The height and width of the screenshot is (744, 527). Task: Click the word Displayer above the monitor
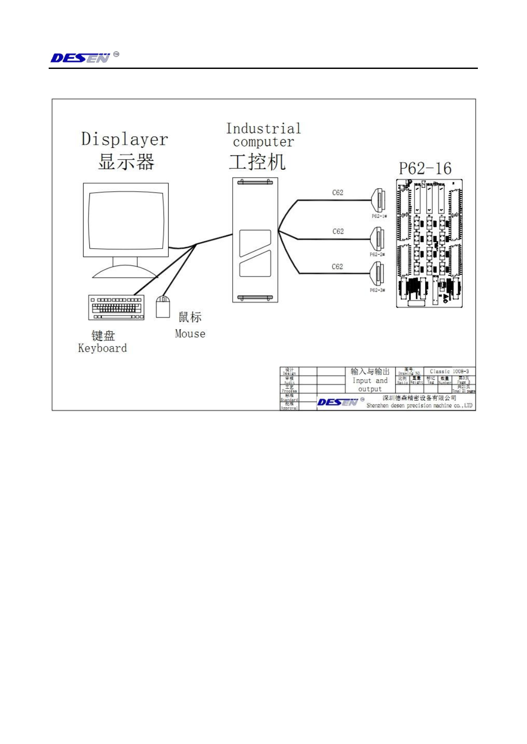coord(124,139)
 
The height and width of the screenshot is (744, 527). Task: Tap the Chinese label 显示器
coord(126,162)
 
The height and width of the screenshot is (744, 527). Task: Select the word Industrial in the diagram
coord(263,129)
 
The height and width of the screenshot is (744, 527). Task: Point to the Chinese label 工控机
coord(257,162)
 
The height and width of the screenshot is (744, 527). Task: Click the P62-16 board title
coord(425,168)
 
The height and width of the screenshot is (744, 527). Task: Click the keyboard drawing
coord(116,307)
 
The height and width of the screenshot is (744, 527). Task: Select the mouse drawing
coord(163,307)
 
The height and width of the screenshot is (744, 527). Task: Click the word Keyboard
coord(102,348)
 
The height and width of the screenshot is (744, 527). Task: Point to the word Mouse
coord(190,334)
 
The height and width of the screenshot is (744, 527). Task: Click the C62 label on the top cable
coord(338,193)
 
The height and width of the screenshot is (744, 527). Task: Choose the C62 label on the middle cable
coord(338,232)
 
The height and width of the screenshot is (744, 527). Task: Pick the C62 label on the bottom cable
coord(337,267)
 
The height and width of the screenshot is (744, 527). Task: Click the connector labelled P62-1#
coord(378,201)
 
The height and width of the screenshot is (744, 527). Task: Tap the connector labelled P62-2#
coord(378,239)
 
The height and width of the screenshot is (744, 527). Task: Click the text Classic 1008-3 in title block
coord(449,372)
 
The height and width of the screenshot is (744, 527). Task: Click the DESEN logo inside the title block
coord(337,402)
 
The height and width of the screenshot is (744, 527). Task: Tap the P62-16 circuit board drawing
coord(429,243)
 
